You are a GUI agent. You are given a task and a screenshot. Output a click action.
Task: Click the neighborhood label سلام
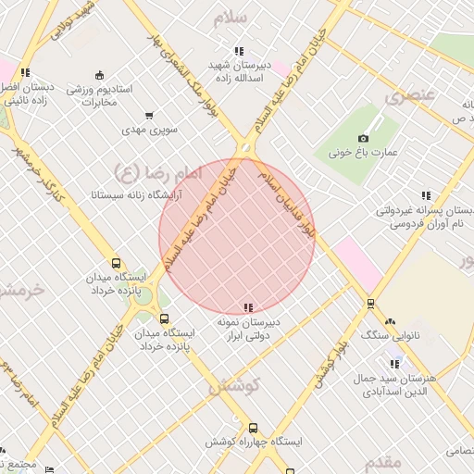[231, 19]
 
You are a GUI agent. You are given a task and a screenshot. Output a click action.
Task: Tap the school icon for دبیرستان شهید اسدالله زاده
[239, 52]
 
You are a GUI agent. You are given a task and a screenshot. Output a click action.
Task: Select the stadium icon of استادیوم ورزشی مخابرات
[99, 75]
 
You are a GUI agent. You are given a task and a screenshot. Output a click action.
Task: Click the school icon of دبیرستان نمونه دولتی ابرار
[247, 307]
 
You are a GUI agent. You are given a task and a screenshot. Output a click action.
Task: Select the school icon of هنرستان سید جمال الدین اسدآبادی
[395, 364]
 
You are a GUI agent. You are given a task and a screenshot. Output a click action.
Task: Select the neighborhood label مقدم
[381, 460]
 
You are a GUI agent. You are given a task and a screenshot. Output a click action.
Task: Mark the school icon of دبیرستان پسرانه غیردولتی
[426, 195]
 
